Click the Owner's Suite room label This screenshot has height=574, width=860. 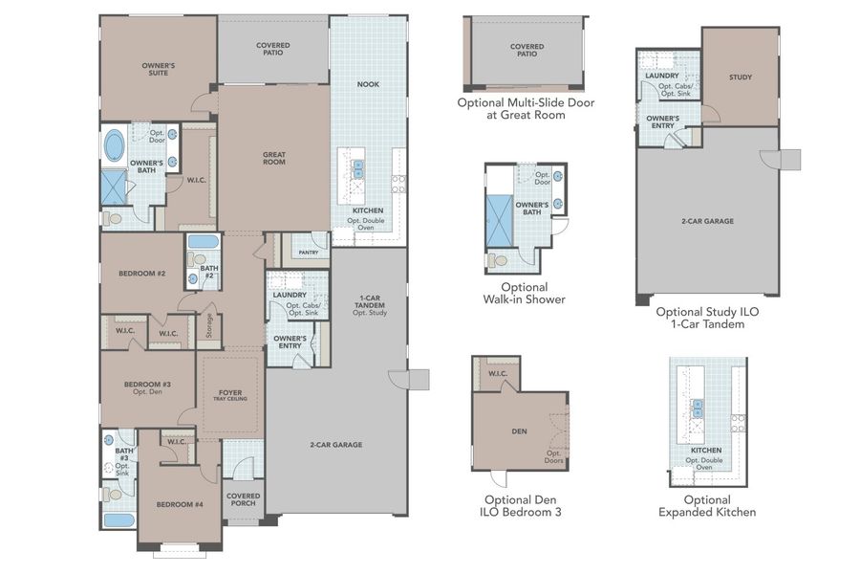tap(159, 69)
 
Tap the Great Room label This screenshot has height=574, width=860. tap(274, 158)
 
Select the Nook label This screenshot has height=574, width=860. tap(368, 84)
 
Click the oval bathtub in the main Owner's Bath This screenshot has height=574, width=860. tap(114, 146)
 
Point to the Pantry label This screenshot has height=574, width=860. tap(308, 253)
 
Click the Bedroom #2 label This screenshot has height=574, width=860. tap(142, 274)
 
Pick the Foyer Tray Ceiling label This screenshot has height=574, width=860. tap(230, 394)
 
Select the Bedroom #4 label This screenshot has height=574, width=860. tap(180, 503)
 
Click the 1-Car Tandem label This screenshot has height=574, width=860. tap(367, 303)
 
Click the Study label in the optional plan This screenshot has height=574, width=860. tap(741, 77)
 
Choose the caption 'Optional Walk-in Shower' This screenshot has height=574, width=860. tap(525, 293)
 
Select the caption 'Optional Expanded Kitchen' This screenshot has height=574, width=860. tap(707, 505)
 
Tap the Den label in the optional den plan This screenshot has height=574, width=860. tap(519, 431)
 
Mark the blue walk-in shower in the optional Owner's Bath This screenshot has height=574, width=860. tap(500, 215)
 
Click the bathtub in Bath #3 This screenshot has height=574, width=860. tap(118, 519)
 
